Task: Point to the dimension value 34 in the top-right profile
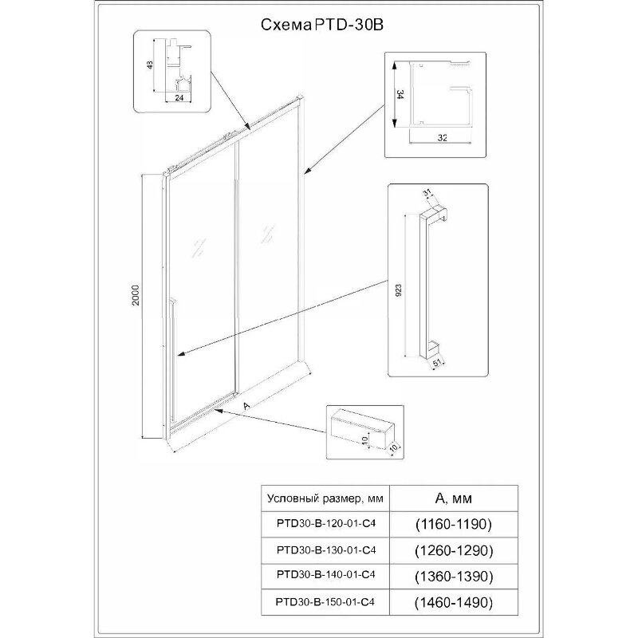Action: (397, 93)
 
